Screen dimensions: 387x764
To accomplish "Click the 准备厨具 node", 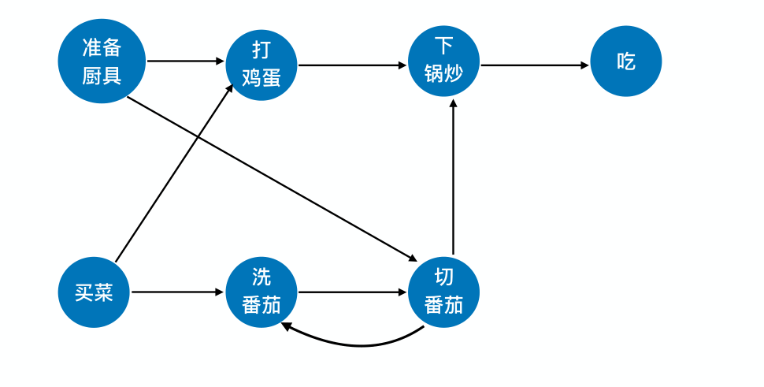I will click(102, 61).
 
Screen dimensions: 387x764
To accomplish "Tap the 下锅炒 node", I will click(443, 61).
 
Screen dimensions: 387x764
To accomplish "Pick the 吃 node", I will click(625, 61).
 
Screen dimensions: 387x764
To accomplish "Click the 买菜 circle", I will click(94, 292).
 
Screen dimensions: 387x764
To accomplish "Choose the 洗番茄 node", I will click(261, 292).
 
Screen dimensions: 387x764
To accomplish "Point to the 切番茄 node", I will click(443, 292).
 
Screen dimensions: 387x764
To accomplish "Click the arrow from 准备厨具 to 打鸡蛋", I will click(186, 61).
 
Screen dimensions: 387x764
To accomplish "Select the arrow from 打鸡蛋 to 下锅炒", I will click(352, 65).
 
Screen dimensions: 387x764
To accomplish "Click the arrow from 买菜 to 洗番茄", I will click(177, 292).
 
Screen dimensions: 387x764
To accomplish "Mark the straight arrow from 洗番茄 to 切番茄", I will click(352, 292).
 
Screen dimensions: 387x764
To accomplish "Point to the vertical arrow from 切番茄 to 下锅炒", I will click(453, 177).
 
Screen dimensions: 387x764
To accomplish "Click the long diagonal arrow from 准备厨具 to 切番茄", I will click(272, 178).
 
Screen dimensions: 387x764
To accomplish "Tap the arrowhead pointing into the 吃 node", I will click(584, 65).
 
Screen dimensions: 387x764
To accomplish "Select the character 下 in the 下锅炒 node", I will click(443, 46).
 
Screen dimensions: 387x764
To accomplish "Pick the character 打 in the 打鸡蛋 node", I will click(261, 50).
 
